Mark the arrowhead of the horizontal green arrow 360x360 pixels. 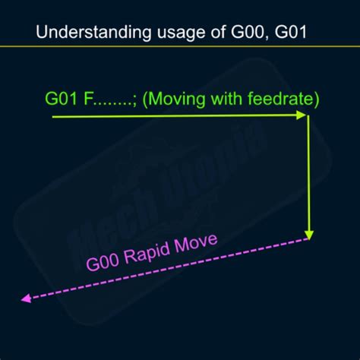[x=302, y=115]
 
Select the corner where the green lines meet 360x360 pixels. [x=308, y=116]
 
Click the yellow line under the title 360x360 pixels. [x=180, y=46]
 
